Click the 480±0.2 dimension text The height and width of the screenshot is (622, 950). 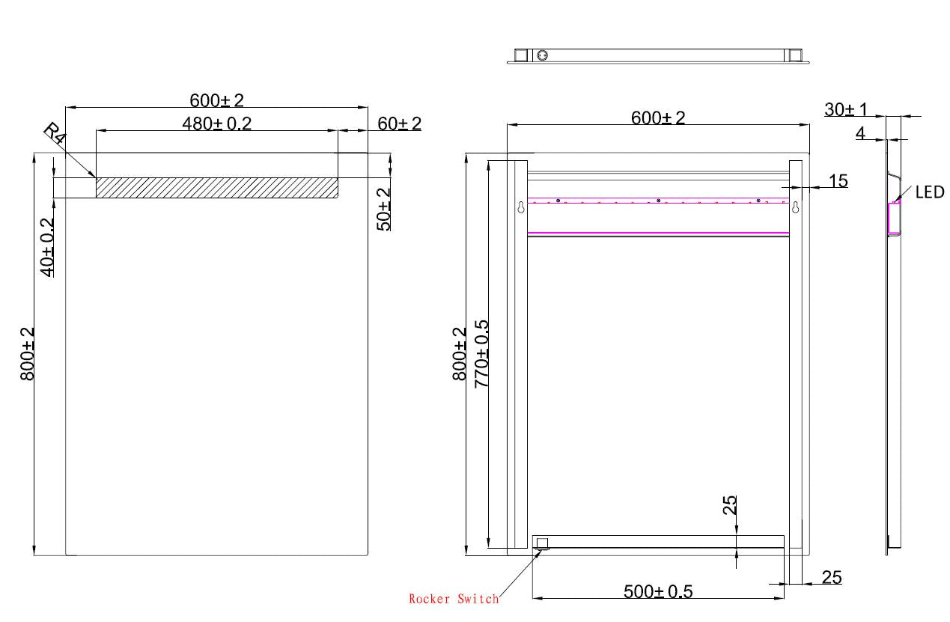click(217, 124)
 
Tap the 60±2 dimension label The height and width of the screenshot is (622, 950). click(399, 124)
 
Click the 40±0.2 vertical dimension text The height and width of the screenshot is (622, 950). click(46, 247)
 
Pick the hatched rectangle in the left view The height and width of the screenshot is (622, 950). click(216, 188)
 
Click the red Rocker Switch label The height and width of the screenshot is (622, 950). click(454, 599)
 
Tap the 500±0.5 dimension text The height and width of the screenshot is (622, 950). click(658, 592)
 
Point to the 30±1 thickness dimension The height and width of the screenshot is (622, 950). click(845, 109)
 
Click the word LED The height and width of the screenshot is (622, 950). click(930, 192)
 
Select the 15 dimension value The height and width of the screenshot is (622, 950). click(838, 180)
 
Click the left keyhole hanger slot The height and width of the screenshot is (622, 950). click(521, 208)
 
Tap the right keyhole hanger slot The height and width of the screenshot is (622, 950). click(797, 208)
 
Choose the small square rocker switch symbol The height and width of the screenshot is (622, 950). click(542, 543)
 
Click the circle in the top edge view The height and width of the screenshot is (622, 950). click(543, 55)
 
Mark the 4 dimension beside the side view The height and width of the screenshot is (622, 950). click(860, 133)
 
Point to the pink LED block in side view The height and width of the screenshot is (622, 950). click(894, 218)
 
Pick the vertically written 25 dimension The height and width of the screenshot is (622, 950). click(731, 504)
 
